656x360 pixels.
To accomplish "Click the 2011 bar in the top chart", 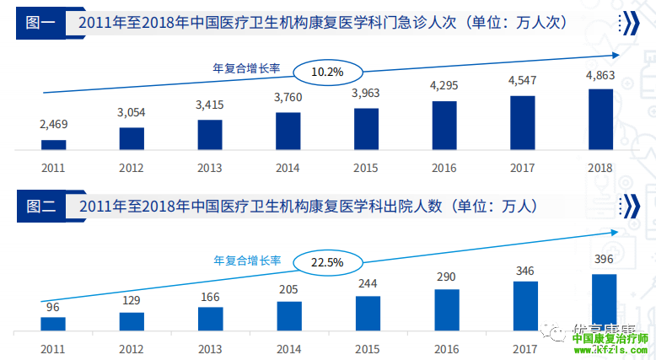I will [53, 145].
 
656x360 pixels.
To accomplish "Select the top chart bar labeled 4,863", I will [600, 120].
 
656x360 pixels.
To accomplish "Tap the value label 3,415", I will [210, 105].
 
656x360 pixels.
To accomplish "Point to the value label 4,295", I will [444, 86].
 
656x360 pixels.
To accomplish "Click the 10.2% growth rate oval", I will [327, 72].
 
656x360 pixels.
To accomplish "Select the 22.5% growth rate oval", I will [327, 262].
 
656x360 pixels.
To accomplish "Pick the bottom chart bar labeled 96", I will [53, 324].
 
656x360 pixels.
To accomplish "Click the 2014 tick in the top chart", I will [288, 168].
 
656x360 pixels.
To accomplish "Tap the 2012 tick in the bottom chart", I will [132, 348].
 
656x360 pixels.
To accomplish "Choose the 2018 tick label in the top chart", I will [600, 168].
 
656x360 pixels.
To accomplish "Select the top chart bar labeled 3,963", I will [366, 129].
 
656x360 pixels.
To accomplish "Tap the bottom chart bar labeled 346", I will [524, 306].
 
